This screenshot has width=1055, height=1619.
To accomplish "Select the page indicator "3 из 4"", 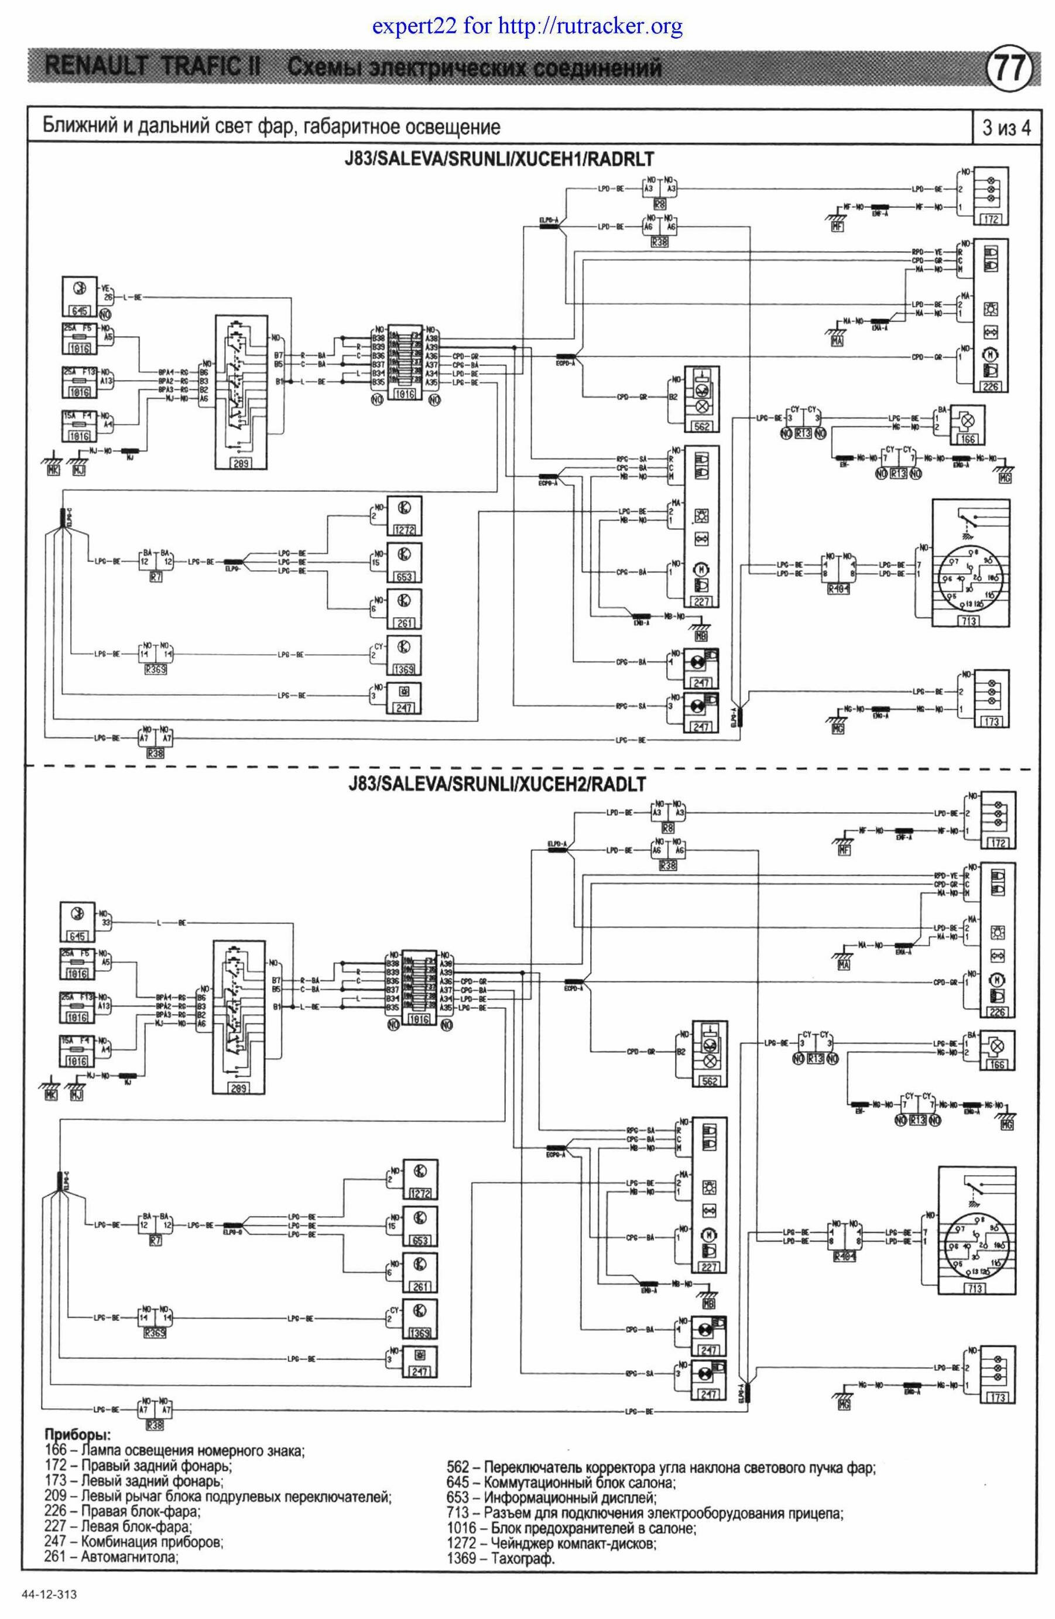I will point(1005,127).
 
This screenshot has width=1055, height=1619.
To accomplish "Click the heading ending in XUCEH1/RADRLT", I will point(499,159).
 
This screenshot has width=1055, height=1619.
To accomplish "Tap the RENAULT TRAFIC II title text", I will point(153,68).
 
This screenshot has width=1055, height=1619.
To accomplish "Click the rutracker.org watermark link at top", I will point(527,27).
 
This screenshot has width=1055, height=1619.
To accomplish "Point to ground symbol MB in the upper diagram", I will point(701,635).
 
